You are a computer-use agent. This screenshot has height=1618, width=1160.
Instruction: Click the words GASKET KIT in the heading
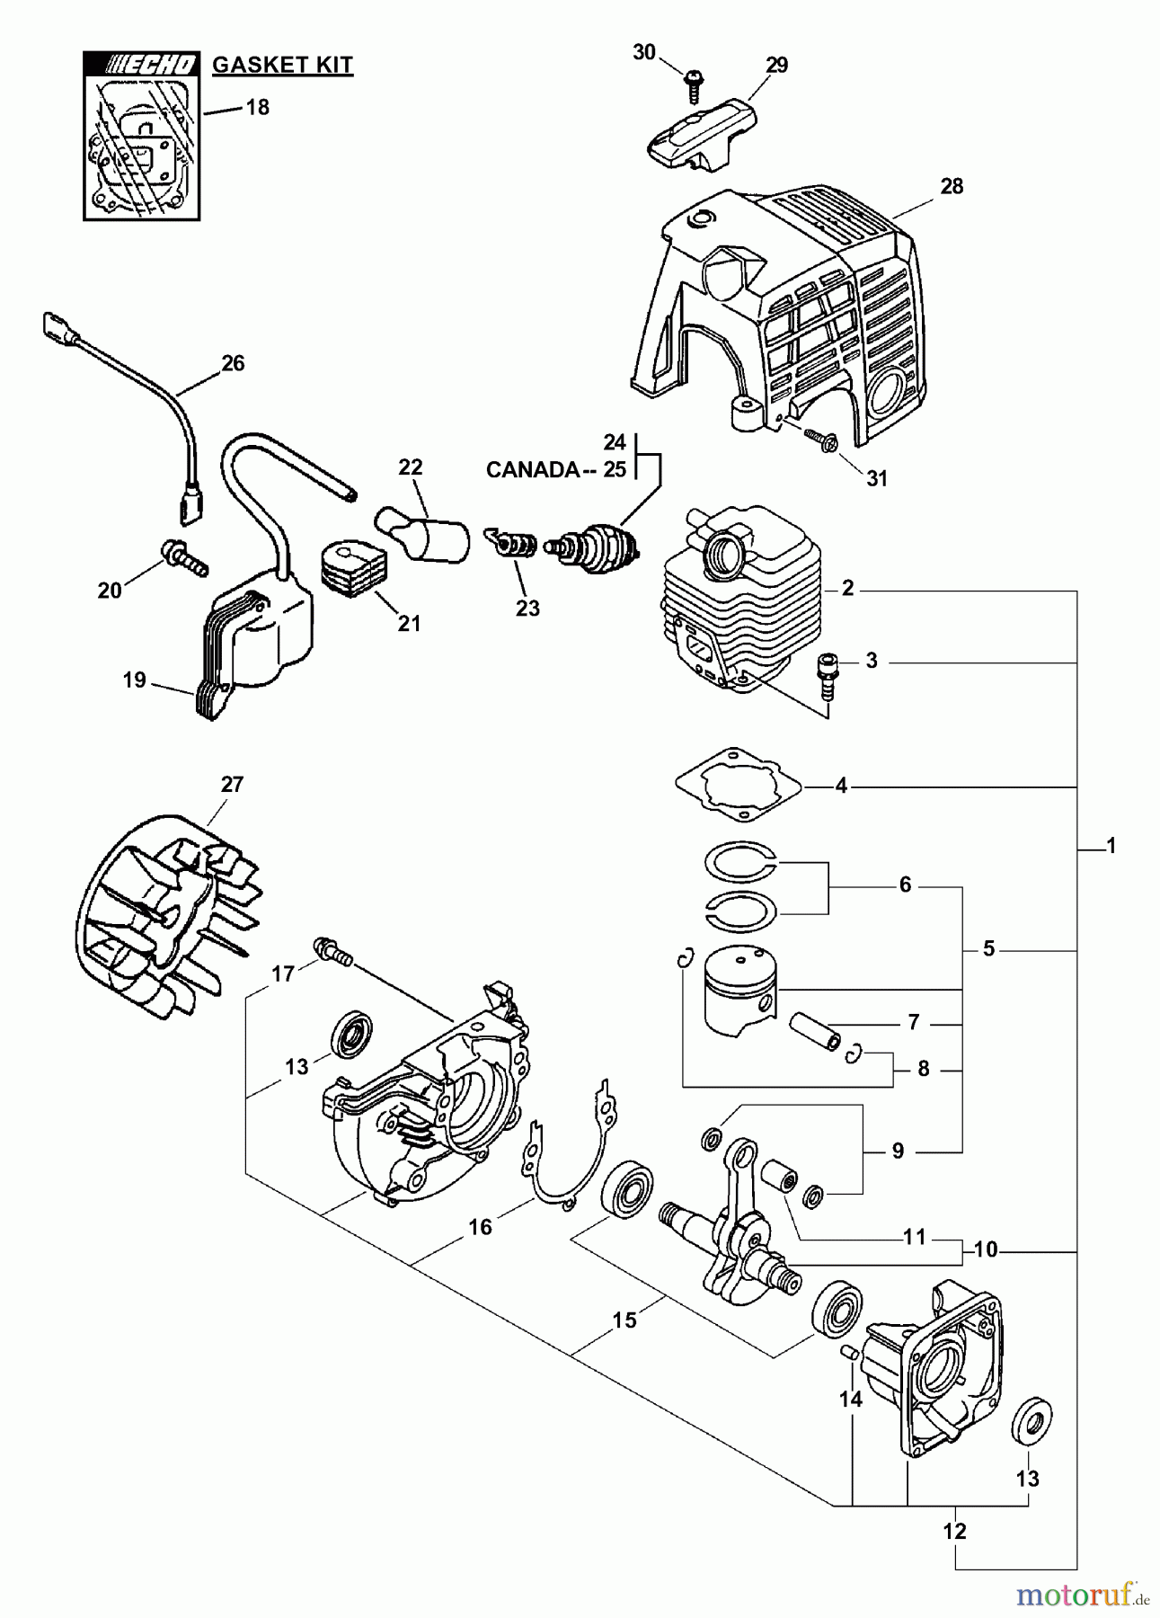282,65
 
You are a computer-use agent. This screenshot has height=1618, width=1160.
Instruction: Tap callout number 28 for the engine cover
951,186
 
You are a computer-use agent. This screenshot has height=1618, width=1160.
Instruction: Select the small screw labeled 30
693,87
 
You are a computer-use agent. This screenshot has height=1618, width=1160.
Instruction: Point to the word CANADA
532,470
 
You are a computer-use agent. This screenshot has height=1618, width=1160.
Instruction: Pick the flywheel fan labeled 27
166,915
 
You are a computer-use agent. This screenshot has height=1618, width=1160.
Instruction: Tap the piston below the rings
739,991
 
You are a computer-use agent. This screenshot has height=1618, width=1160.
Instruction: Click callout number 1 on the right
1111,846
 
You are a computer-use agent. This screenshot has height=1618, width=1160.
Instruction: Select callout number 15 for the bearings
624,1320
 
